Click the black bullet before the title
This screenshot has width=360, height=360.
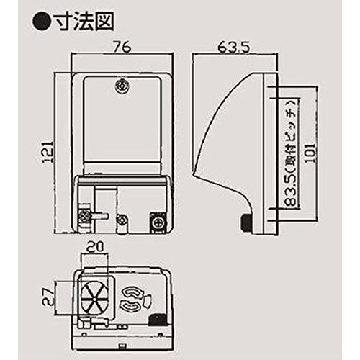click(x=41, y=22)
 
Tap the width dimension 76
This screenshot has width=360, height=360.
click(x=122, y=47)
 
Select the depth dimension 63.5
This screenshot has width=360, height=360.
click(x=234, y=48)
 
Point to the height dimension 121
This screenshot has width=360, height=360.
click(x=48, y=152)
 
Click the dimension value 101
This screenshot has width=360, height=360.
click(x=310, y=153)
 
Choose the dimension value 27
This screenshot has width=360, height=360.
click(x=48, y=297)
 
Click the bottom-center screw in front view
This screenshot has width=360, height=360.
click(x=122, y=219)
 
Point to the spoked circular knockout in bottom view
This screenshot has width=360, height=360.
click(x=94, y=300)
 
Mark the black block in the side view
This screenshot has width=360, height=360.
click(x=246, y=222)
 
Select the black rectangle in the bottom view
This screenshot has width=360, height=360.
click(x=158, y=319)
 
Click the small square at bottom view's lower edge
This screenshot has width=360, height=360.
click(x=122, y=346)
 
